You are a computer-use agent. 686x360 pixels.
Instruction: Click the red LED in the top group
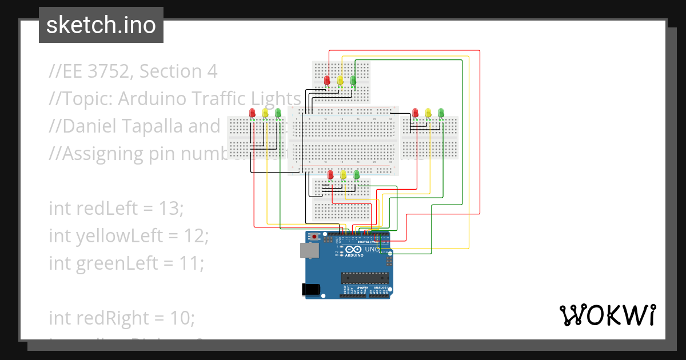tap(327, 81)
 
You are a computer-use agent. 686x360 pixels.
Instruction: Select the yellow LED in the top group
tap(340, 81)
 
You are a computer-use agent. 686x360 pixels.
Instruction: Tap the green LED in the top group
tap(353, 81)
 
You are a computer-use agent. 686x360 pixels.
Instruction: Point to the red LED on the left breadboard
tap(252, 113)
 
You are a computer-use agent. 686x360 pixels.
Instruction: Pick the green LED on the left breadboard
tap(278, 113)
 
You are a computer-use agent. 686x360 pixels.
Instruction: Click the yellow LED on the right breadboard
tap(428, 113)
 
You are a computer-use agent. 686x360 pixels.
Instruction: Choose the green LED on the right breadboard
tap(441, 113)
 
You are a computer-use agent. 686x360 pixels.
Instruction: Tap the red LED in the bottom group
tap(330, 174)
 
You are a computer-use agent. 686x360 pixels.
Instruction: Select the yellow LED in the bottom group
tap(344, 174)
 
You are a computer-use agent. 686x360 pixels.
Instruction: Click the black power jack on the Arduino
tap(310, 289)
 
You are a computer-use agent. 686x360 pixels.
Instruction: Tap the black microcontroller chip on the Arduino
tap(365, 278)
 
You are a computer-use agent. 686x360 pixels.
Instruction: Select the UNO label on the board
tap(372, 249)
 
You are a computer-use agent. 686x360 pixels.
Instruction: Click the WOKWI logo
tap(607, 315)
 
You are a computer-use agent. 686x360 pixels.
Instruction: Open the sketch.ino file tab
tap(101, 25)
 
